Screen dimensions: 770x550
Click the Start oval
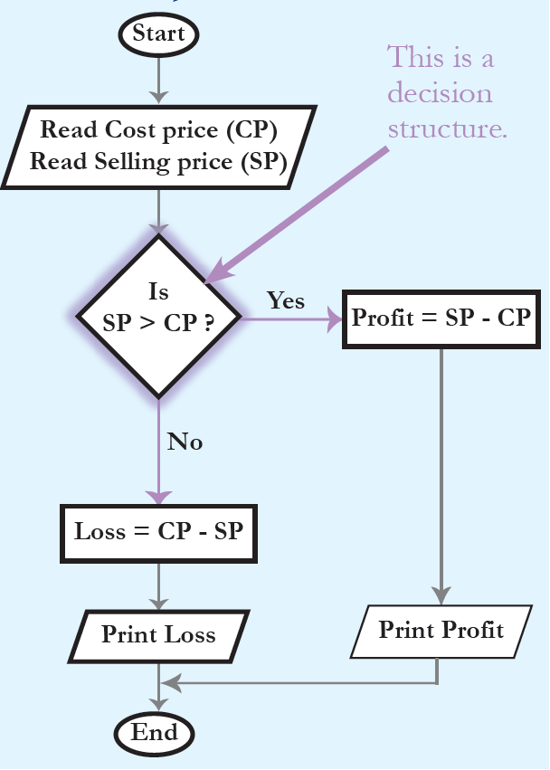tap(158, 34)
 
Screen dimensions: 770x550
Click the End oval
tap(158, 732)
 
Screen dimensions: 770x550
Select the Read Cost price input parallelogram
tap(158, 146)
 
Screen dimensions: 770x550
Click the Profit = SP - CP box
tap(441, 319)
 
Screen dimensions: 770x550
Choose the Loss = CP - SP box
tap(158, 531)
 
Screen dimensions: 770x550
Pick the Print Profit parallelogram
tap(441, 631)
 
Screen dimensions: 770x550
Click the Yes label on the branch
tap(285, 301)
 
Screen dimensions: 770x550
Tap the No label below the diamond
tap(185, 442)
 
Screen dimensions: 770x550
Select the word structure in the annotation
tap(447, 128)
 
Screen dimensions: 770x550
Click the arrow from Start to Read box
tap(158, 81)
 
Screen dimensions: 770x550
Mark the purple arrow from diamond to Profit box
tap(289, 319)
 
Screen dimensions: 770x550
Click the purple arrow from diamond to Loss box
tap(158, 452)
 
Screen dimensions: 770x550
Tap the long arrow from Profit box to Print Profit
tap(441, 471)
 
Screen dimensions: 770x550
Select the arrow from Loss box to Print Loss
tap(158, 586)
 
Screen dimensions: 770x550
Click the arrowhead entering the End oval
tap(158, 705)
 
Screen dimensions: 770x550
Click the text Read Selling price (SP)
tap(158, 162)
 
